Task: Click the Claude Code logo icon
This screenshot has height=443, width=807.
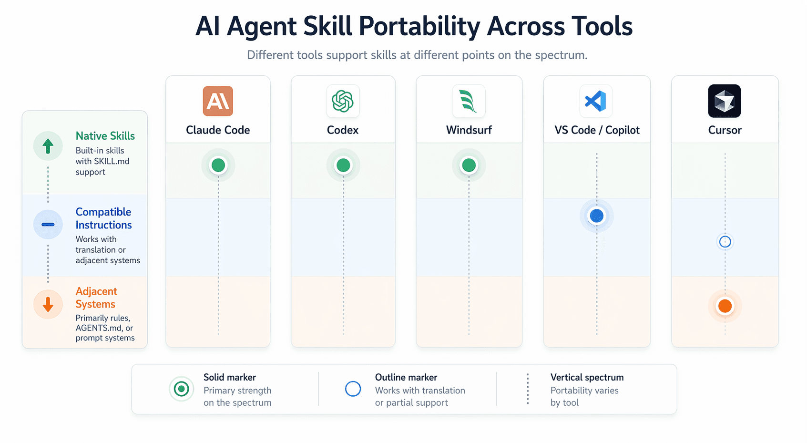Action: pyautogui.click(x=218, y=101)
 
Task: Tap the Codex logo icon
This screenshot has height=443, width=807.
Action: pyautogui.click(x=343, y=101)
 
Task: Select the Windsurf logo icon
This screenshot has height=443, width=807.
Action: pyautogui.click(x=469, y=101)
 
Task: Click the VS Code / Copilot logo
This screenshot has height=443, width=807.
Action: pyautogui.click(x=596, y=101)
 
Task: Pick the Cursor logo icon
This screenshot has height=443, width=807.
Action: pyautogui.click(x=725, y=101)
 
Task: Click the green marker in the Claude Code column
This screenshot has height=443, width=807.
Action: pyautogui.click(x=218, y=165)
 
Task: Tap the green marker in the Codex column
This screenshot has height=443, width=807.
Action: pyautogui.click(x=343, y=165)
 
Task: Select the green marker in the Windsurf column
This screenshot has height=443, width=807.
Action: pyautogui.click(x=469, y=165)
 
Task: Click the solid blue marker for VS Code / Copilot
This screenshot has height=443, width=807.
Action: pyautogui.click(x=597, y=216)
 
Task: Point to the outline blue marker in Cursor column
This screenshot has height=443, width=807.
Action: pyautogui.click(x=725, y=242)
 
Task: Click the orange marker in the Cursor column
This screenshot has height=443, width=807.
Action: pyautogui.click(x=725, y=306)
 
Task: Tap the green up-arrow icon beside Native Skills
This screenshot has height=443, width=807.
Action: pyautogui.click(x=48, y=146)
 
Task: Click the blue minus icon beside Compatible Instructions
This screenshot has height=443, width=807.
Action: pyautogui.click(x=48, y=225)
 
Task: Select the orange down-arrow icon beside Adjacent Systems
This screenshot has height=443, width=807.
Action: pyautogui.click(x=48, y=304)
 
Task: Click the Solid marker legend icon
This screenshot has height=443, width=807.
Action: pyautogui.click(x=181, y=389)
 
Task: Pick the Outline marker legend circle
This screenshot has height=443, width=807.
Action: pyautogui.click(x=353, y=389)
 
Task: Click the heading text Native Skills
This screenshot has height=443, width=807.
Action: pyautogui.click(x=105, y=136)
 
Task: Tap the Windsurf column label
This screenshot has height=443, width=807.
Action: pyautogui.click(x=469, y=130)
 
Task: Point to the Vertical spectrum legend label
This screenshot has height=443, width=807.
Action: pyautogui.click(x=587, y=377)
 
